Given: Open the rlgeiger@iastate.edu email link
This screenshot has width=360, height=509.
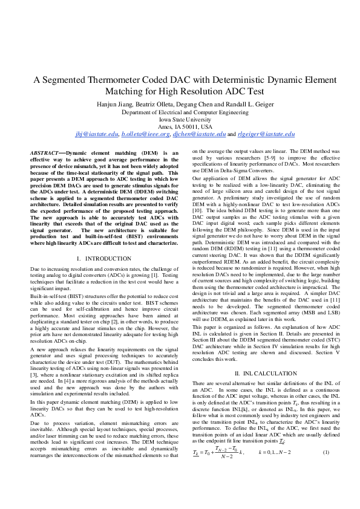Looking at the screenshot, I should click(265, 134).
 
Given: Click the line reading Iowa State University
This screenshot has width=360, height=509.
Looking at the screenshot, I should click(180, 120).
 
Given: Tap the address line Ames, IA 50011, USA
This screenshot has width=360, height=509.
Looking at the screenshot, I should click(180, 127).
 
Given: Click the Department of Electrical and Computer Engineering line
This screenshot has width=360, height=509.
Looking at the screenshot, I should click(180, 112).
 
